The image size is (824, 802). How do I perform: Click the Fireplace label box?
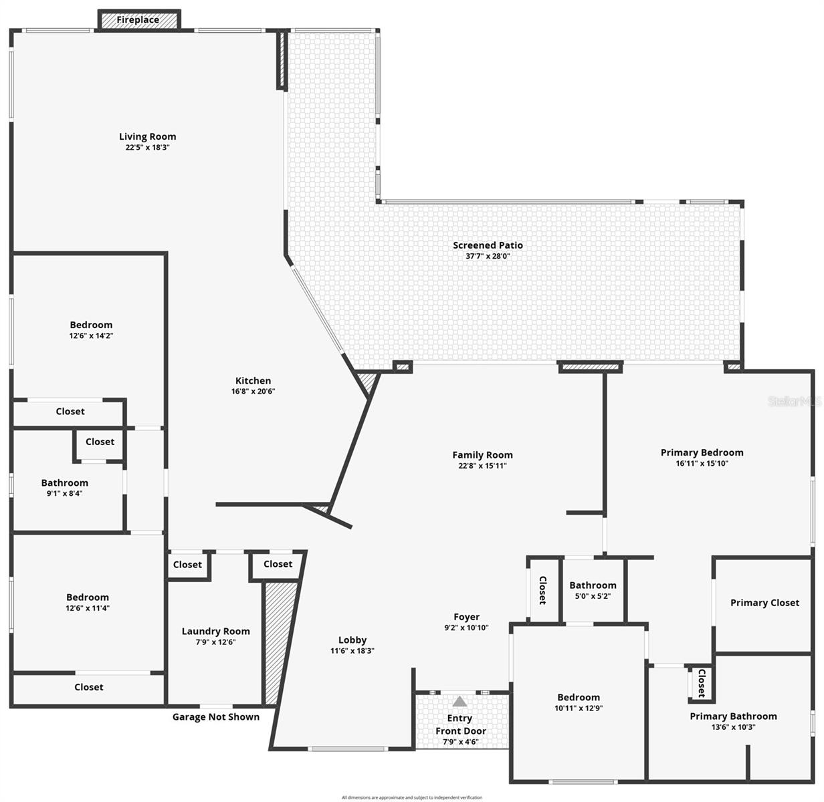[138, 20]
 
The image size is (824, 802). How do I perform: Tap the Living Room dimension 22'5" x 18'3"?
[147, 148]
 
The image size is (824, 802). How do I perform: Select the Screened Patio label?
[488, 245]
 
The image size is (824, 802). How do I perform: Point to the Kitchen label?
[253, 381]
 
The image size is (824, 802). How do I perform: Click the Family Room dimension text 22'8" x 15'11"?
[482, 466]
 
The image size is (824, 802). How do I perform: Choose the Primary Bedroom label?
[702, 452]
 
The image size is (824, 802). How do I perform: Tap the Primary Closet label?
[764, 603]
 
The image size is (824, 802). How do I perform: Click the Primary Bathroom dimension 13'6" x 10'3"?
[733, 727]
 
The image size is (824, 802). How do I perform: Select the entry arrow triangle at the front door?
[459, 702]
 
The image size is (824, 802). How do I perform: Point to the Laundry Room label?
[215, 631]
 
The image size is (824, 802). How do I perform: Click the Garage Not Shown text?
[215, 717]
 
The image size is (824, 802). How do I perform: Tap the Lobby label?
[352, 640]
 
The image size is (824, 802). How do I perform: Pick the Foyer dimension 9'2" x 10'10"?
[466, 628]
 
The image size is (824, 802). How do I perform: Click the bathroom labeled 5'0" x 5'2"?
[593, 590]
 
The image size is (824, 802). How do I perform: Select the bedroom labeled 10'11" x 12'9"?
[579, 702]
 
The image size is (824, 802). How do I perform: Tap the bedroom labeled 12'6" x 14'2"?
[91, 330]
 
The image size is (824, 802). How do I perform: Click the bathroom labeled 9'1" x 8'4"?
[64, 487]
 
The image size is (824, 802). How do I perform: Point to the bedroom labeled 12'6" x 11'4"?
[88, 602]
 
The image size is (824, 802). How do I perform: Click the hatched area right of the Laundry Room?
[279, 642]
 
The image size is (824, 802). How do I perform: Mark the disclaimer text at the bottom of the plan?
[411, 797]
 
